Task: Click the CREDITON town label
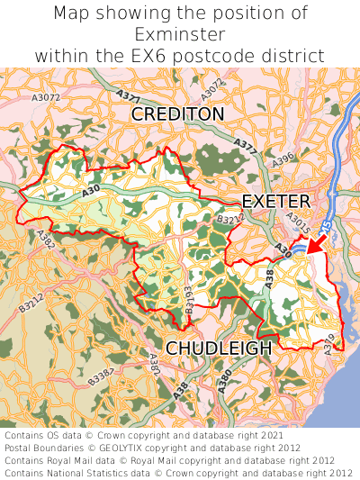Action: pyautogui.click(x=177, y=114)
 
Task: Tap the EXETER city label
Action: pyautogui.click(x=276, y=200)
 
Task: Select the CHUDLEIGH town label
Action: pyautogui.click(x=219, y=348)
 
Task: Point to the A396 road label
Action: pyautogui.click(x=283, y=159)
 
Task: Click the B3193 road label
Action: pyautogui.click(x=189, y=301)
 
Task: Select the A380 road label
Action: pyautogui.click(x=224, y=382)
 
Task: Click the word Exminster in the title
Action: pyautogui.click(x=180, y=34)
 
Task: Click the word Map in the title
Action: pyautogui.click(x=72, y=14)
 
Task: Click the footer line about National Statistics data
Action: pyautogui.click(x=178, y=471)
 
